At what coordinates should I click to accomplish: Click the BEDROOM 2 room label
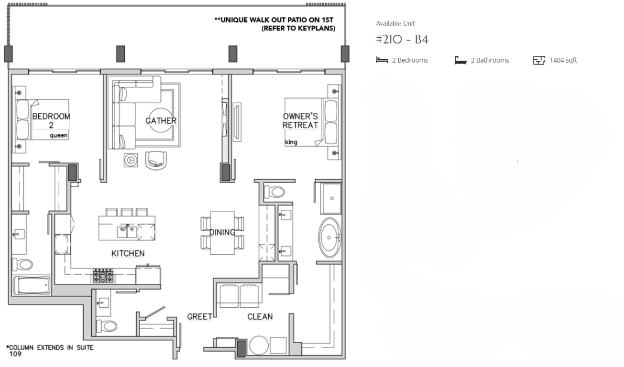[51, 120]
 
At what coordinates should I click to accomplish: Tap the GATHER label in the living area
[161, 121]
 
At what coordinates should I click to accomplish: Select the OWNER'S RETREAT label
[300, 121]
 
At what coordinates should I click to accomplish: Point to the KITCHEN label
[128, 253]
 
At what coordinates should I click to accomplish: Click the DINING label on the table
[222, 232]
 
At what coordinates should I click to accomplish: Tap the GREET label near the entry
[199, 317]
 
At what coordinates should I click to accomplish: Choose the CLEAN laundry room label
[260, 317]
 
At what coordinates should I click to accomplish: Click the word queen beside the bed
[59, 136]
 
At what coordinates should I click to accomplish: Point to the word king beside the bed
[291, 142]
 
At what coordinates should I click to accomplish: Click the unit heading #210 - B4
[402, 40]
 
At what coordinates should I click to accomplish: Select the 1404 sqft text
[563, 60]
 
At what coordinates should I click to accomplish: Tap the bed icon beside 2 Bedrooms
[382, 60]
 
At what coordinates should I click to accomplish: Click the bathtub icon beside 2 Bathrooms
[460, 60]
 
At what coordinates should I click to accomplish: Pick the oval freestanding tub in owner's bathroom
[329, 237]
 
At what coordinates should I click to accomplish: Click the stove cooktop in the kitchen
[103, 276]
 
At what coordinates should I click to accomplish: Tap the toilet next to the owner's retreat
[274, 192]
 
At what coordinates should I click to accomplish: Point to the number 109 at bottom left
[15, 354]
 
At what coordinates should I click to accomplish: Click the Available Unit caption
[395, 23]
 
